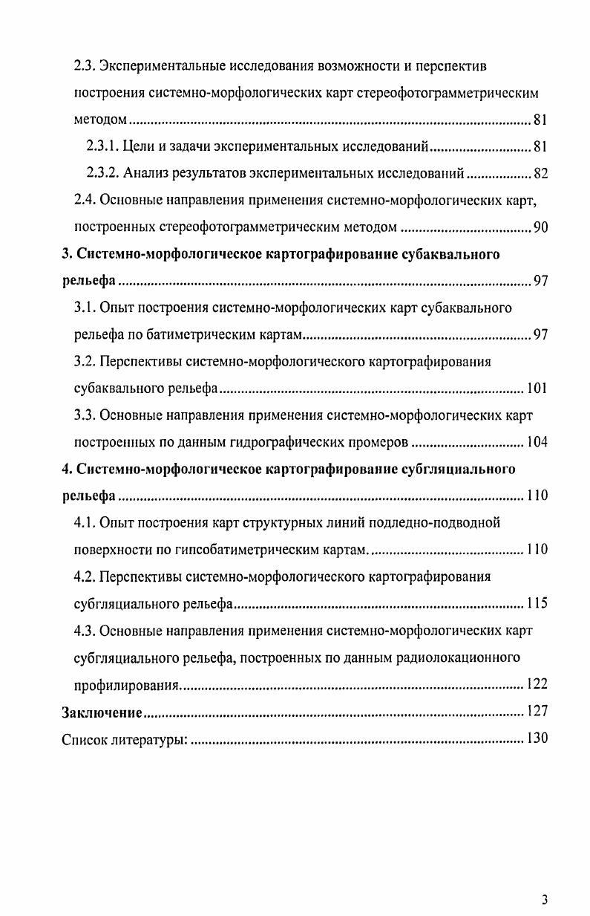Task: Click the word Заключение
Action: coord(102,712)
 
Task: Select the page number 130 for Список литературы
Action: coord(537,738)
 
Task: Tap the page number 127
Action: coord(537,712)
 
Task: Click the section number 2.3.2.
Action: coord(103,174)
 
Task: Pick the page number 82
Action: coord(540,174)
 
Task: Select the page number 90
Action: coord(540,227)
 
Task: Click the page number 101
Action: coord(537,388)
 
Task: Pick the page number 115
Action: coord(537,602)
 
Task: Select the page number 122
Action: coord(537,684)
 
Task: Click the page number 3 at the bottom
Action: coord(545,900)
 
